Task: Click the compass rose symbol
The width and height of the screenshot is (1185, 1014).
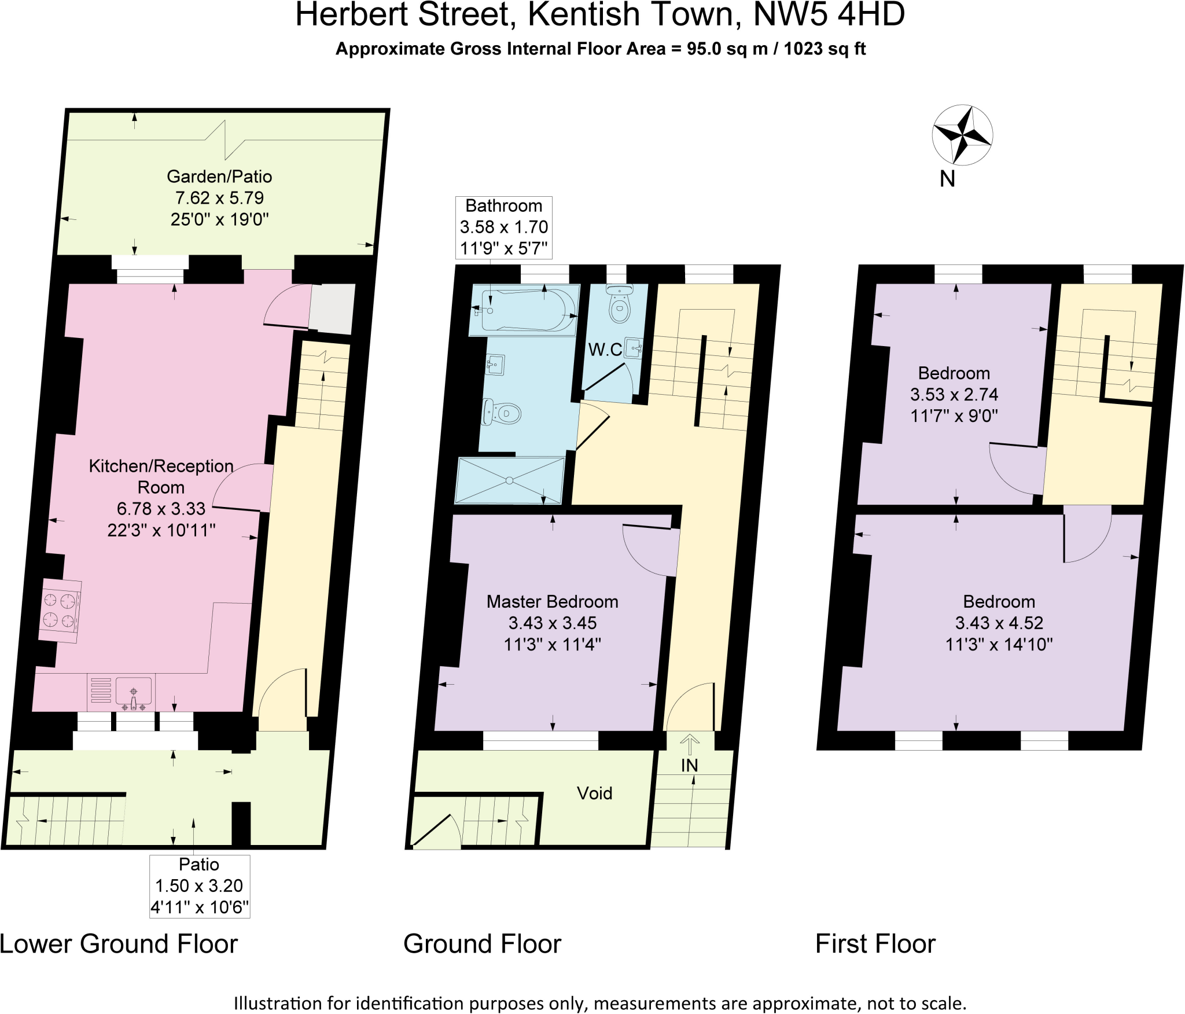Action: pos(962,135)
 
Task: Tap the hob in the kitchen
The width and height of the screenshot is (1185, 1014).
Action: pos(60,611)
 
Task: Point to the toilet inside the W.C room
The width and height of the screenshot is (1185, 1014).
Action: pos(619,306)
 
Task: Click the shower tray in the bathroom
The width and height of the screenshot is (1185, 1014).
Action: pos(510,480)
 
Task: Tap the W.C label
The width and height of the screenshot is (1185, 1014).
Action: pos(605,350)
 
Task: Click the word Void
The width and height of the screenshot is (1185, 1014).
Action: pos(594,793)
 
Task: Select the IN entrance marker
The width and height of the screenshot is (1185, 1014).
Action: pos(689,765)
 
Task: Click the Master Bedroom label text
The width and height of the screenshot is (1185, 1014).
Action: pos(552,601)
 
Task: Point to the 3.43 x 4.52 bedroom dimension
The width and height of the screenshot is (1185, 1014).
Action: pos(999,623)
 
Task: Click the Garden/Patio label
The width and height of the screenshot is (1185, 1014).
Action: pos(219,176)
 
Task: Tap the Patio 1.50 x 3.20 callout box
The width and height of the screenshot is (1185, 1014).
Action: pos(199,886)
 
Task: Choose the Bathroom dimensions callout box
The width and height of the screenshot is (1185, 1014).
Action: pos(503,227)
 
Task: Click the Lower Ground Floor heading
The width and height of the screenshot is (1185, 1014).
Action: pos(119,944)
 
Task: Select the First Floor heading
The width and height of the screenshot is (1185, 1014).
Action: pos(875,944)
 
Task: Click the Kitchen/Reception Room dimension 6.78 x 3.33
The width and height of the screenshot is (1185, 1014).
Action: pos(161,509)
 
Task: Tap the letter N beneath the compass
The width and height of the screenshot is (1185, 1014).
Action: pos(947,179)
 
